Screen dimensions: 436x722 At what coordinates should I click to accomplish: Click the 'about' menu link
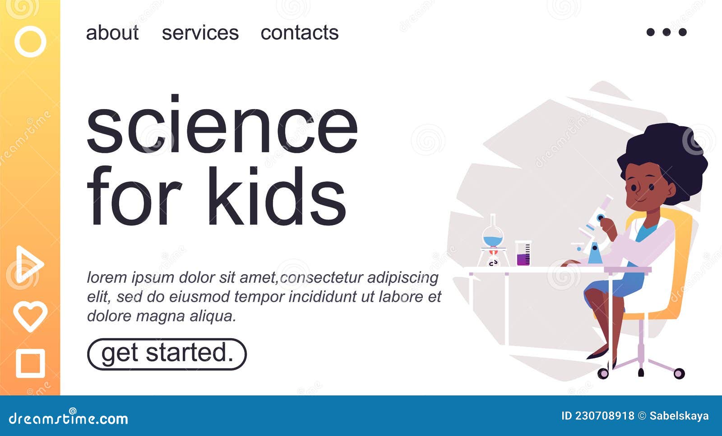tap(112, 33)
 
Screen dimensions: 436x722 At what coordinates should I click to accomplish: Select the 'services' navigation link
tap(200, 33)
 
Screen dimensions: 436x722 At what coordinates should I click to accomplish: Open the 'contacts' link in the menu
tap(299, 33)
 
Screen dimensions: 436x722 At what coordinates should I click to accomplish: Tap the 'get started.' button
tap(167, 354)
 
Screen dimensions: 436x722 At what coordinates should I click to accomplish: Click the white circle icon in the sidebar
tap(30, 41)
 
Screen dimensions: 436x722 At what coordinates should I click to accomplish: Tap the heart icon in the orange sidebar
tap(30, 316)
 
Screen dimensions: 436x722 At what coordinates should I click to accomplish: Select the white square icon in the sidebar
tap(30, 363)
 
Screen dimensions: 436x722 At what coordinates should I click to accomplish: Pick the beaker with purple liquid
tap(523, 254)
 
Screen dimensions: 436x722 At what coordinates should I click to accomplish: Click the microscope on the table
tap(593, 234)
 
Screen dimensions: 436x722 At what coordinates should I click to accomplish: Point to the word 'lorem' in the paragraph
tap(106, 277)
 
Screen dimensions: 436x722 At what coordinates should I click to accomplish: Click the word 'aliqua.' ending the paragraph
tap(213, 316)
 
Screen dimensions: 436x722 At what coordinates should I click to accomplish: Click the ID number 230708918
tap(604, 416)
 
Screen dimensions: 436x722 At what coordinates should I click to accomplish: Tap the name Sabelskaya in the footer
tap(679, 416)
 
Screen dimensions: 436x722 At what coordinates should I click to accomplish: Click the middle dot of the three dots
tap(666, 32)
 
